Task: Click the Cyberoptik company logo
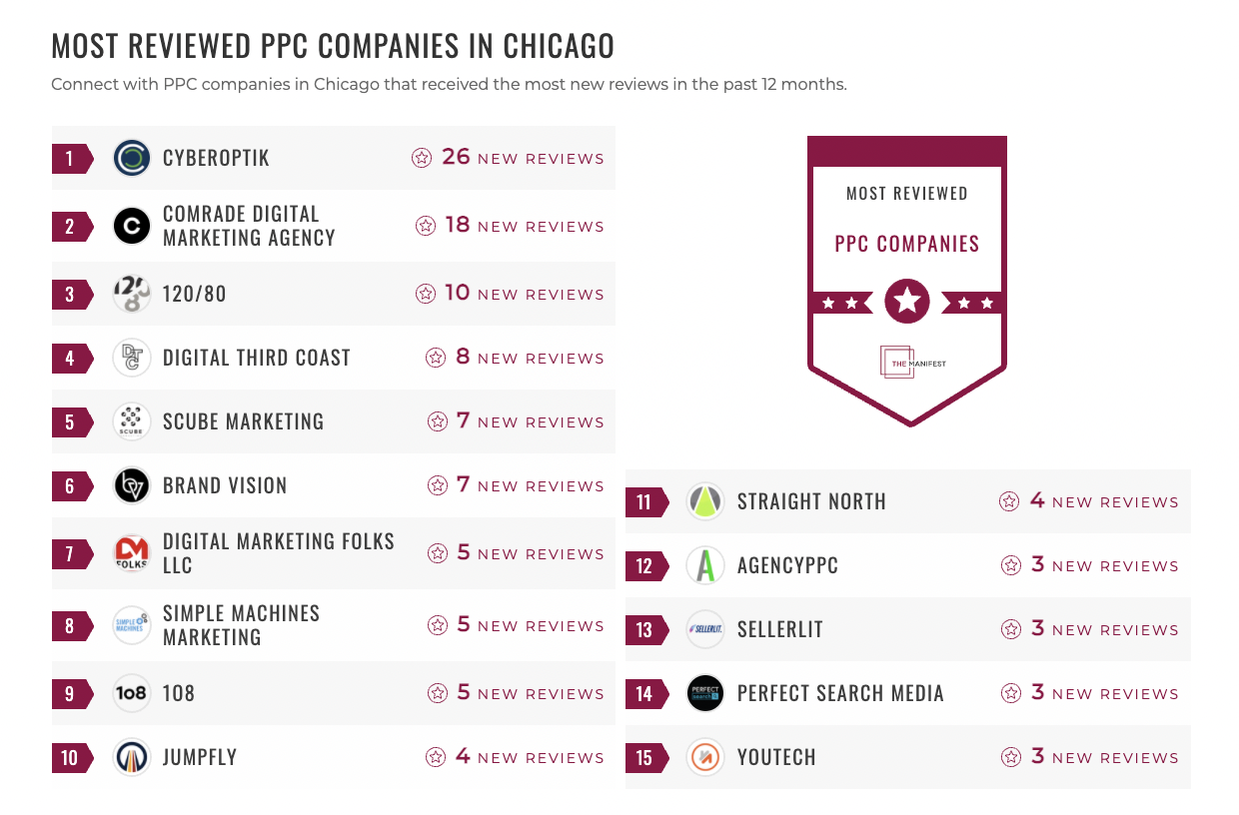click(x=132, y=158)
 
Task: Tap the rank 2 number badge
click(x=70, y=226)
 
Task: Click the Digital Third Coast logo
click(x=132, y=358)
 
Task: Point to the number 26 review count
click(x=456, y=157)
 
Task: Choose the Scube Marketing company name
click(x=243, y=421)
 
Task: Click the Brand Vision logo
click(x=132, y=485)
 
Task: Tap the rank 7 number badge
click(x=70, y=553)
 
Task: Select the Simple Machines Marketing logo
click(x=132, y=625)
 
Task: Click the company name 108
click(x=179, y=693)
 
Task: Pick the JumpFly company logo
click(x=132, y=757)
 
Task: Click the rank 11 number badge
click(x=644, y=501)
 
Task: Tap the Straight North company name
click(x=811, y=501)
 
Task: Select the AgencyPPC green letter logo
click(x=705, y=565)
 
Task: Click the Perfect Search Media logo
click(x=705, y=693)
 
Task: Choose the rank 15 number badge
click(x=644, y=757)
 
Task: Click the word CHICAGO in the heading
click(x=559, y=46)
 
